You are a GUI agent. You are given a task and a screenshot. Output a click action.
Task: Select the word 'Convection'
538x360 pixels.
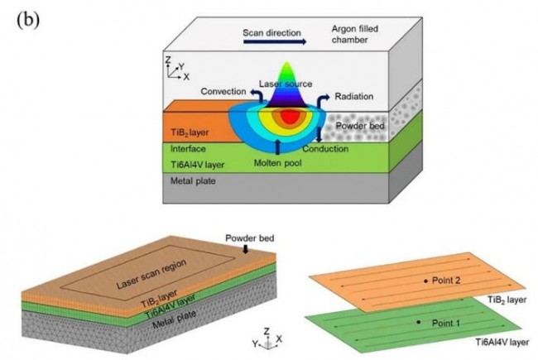(223, 91)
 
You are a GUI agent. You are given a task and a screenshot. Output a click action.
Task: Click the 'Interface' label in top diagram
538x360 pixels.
(188, 148)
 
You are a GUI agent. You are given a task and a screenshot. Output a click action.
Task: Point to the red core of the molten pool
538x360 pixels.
(288, 117)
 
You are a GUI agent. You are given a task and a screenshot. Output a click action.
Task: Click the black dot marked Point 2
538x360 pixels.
(425, 281)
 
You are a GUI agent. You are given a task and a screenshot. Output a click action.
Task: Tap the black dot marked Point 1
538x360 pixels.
(418, 321)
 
